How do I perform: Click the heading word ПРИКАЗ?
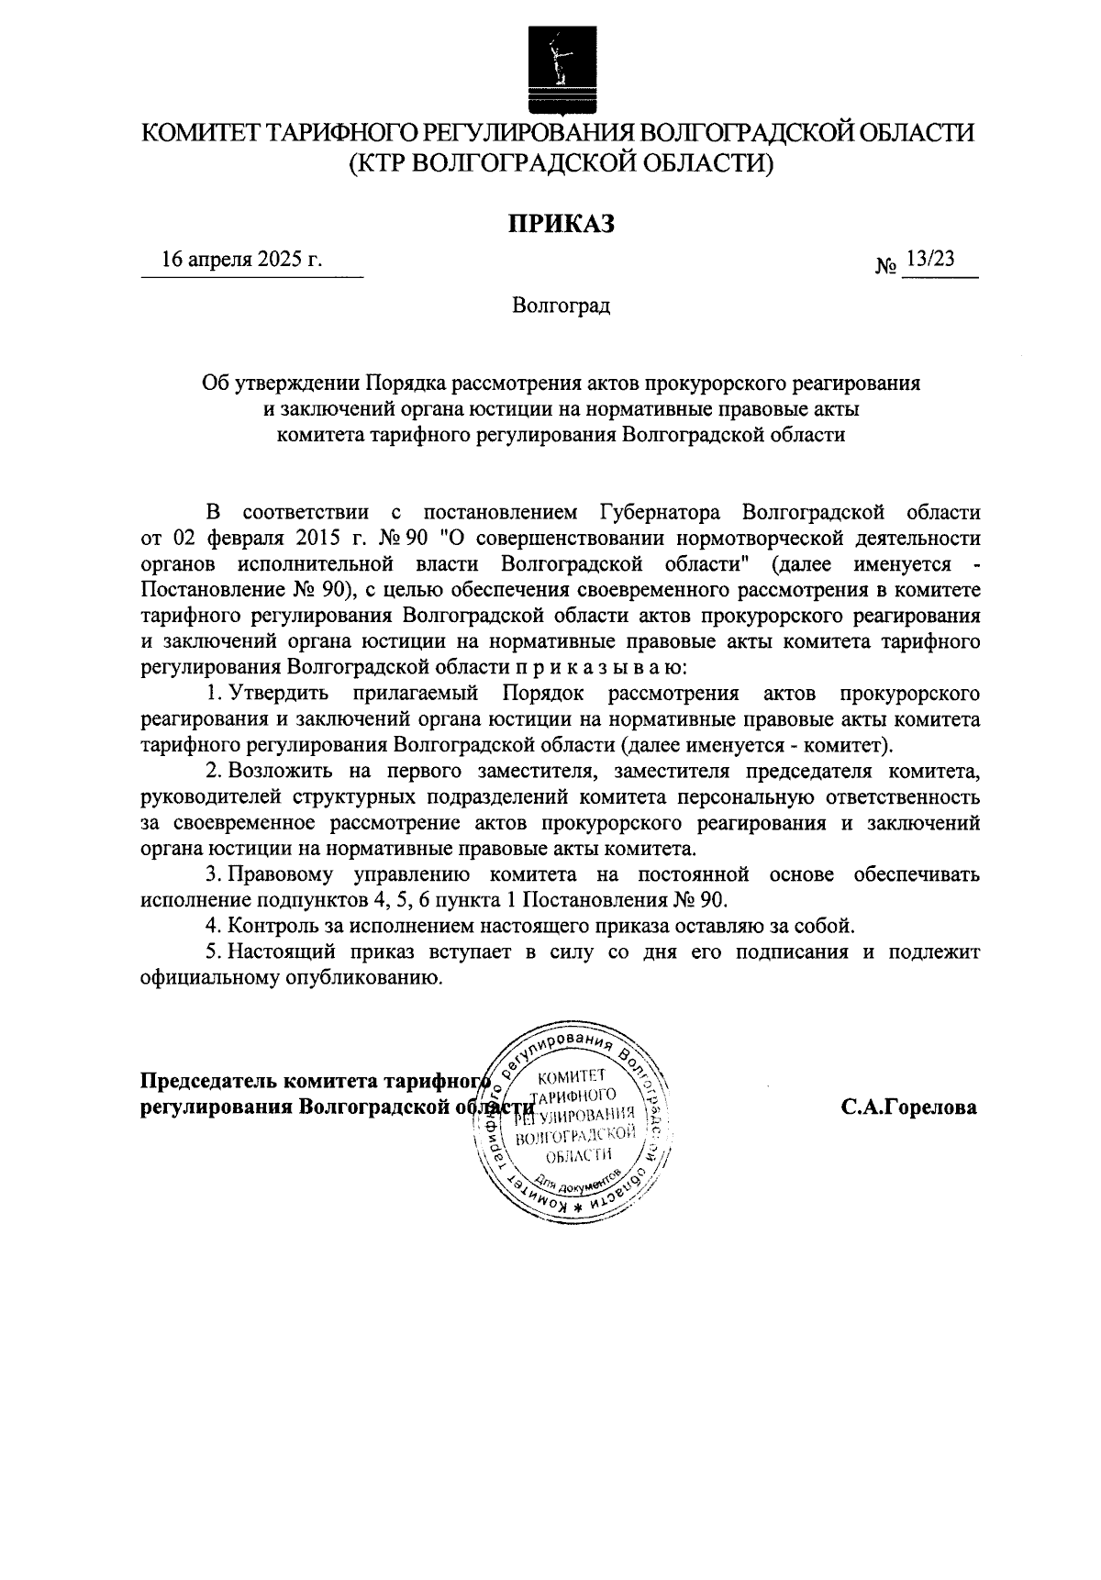[x=561, y=223]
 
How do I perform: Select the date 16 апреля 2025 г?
[x=242, y=260]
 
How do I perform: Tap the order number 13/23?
[x=929, y=260]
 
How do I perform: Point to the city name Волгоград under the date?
[x=561, y=306]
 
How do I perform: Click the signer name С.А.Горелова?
[x=909, y=1107]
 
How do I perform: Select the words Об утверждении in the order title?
[x=281, y=383]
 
